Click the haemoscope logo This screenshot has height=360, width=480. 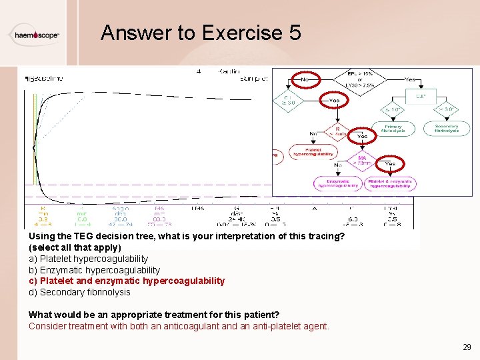click(x=37, y=34)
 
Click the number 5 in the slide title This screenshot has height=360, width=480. click(x=294, y=33)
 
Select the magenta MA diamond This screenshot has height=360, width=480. click(x=362, y=161)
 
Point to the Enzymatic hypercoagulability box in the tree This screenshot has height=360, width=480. click(x=337, y=183)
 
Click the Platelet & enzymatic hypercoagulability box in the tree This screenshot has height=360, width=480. click(x=391, y=183)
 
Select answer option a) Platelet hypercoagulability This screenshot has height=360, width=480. click(x=88, y=259)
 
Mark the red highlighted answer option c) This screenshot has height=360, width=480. click(x=127, y=281)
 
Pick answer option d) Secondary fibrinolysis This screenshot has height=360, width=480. click(x=79, y=292)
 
